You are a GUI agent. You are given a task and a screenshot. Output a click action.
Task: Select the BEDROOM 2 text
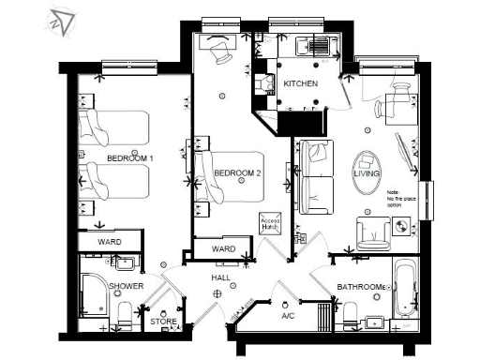pyautogui.click(x=237, y=173)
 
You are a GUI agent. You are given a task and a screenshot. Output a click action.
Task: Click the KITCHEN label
pyautogui.click(x=301, y=84)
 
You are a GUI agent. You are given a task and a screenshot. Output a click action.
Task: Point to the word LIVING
pyautogui.click(x=366, y=174)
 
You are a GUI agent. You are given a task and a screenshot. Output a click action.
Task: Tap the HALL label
pyautogui.click(x=220, y=278)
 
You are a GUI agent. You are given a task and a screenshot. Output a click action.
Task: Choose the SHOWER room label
pyautogui.click(x=126, y=285)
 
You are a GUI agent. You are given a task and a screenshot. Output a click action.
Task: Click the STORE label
pyautogui.click(x=164, y=322)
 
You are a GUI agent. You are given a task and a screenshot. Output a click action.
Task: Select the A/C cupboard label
pyautogui.click(x=288, y=316)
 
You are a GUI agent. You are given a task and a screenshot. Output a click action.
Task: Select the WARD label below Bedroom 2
pyautogui.click(x=223, y=249)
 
